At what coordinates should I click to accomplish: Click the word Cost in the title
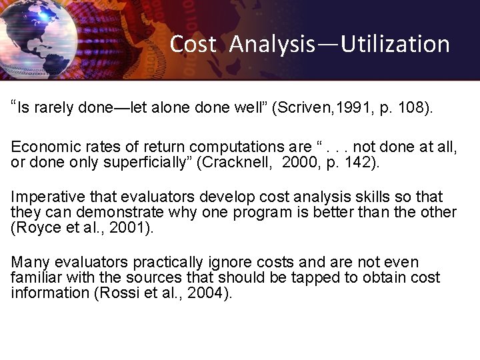[x=193, y=44]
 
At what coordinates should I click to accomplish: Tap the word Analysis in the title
[x=272, y=44]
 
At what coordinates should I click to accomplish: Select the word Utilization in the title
[x=395, y=44]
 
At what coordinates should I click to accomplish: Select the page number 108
[x=411, y=109]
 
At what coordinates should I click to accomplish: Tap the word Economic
[x=45, y=147]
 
